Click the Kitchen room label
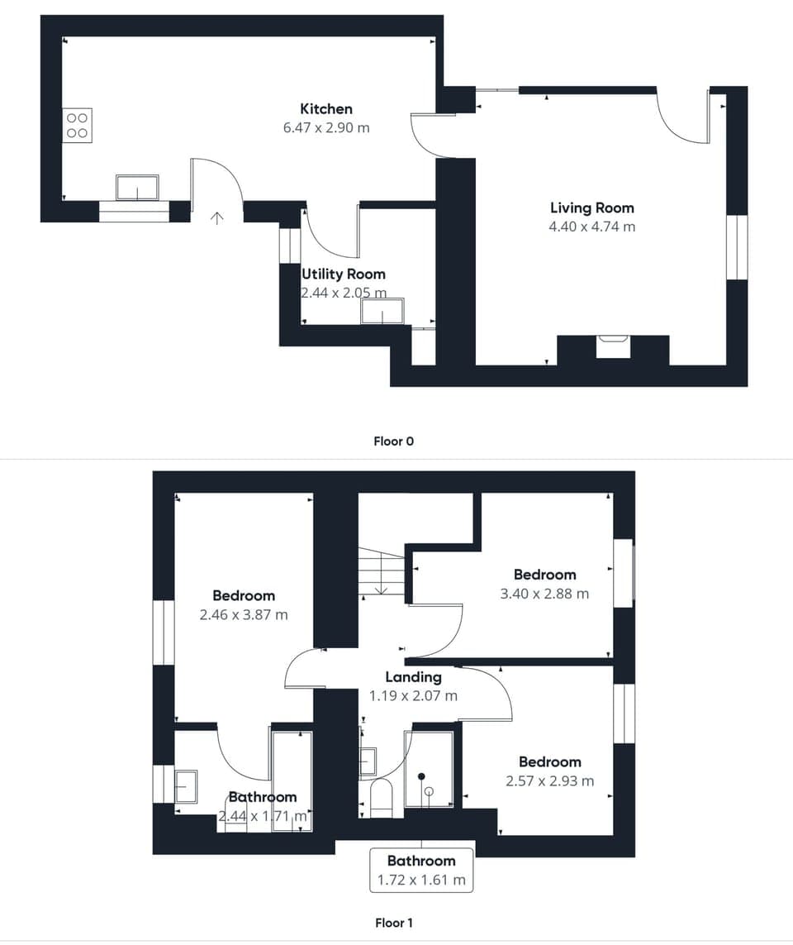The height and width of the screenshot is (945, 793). pos(325,109)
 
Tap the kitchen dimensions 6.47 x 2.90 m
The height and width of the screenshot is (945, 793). pos(325,128)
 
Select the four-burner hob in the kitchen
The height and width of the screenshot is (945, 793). pos(77,126)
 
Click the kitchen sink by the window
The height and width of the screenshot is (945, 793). pos(137,188)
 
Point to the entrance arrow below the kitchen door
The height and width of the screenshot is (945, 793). pos(217,218)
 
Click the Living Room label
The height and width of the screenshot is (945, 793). pos(591,208)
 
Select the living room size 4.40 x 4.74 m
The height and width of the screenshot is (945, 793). pos(591,227)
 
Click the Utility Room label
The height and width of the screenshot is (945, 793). pos(343,274)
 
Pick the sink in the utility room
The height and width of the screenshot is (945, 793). pos(382,312)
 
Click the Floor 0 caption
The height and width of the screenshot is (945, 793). pos(394,441)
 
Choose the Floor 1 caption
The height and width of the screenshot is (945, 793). pos(394,923)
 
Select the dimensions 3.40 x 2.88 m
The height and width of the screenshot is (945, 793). pos(544,594)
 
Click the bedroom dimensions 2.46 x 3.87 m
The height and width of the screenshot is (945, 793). pos(244,614)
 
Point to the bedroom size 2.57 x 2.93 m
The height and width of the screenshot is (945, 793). pos(549,780)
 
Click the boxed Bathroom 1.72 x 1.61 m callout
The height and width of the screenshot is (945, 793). pos(421,871)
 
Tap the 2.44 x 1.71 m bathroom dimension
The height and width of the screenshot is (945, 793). pos(264,817)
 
